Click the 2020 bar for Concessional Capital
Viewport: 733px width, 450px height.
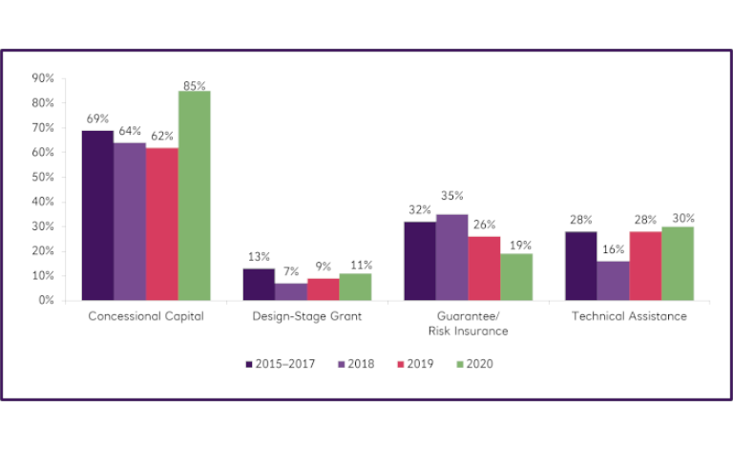(x=195, y=196)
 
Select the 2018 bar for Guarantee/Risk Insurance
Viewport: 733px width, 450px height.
(x=452, y=257)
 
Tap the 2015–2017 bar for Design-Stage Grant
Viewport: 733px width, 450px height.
(x=259, y=284)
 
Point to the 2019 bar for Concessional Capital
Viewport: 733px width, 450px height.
(x=162, y=224)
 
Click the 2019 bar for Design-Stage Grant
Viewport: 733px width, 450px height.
(x=323, y=289)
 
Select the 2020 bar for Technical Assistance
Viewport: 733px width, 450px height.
(x=678, y=263)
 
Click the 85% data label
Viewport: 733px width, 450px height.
(x=195, y=85)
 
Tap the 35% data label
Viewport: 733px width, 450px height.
(x=452, y=196)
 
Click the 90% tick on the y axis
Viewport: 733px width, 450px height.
(x=42, y=78)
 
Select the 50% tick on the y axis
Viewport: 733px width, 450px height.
(x=42, y=177)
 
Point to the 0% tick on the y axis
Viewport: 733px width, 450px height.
(x=45, y=300)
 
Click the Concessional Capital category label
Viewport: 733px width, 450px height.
(x=145, y=316)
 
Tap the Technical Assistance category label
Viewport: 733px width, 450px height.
(x=629, y=316)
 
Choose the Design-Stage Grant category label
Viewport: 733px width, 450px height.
(x=306, y=316)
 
